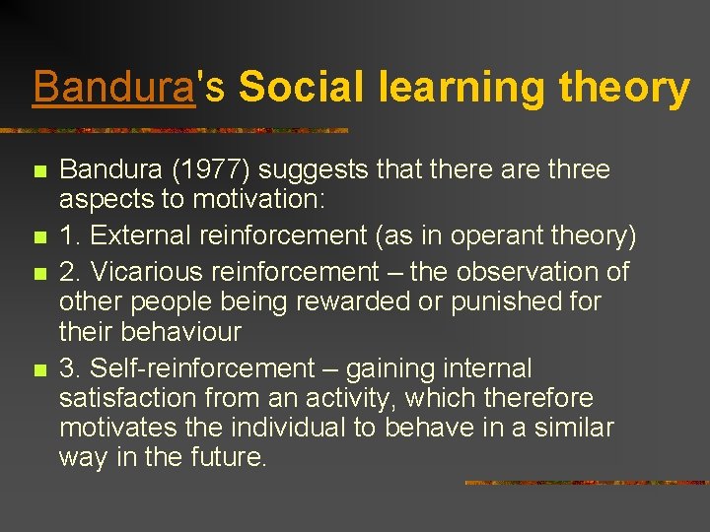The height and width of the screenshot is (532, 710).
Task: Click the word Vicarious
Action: [141, 271]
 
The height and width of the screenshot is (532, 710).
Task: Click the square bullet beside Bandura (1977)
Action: [39, 171]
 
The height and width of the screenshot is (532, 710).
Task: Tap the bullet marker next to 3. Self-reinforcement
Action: [39, 370]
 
